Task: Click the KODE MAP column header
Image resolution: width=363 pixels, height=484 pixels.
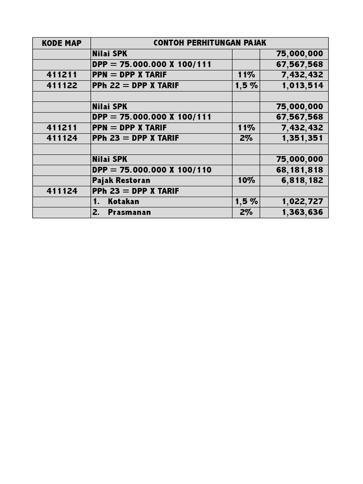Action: [x=61, y=43]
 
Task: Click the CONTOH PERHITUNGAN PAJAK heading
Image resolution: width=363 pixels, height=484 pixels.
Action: [x=209, y=43]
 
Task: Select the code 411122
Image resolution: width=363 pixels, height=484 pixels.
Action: [x=61, y=86]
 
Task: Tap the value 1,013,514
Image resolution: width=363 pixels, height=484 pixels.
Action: [x=302, y=86]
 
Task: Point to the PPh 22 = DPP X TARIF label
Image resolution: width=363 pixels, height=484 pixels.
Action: [x=136, y=86]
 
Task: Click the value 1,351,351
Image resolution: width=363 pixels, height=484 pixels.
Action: [x=302, y=138]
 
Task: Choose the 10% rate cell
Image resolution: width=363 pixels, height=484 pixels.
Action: [x=246, y=180]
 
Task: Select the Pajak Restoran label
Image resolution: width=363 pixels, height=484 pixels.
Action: [x=121, y=180]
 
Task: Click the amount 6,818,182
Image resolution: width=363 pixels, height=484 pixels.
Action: [x=302, y=180]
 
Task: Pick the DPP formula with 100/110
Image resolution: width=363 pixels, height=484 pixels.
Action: [x=152, y=170]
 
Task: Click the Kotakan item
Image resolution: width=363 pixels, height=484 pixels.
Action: [x=123, y=201]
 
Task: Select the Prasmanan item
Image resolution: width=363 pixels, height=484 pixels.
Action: [x=129, y=212]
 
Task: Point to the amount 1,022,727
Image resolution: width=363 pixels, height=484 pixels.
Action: [x=302, y=201]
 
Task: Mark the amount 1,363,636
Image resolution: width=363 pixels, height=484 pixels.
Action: [x=302, y=212]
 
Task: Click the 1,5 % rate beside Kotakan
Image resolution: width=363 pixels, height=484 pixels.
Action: [x=246, y=201]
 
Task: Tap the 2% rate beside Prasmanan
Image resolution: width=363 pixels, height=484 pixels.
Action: [x=246, y=212]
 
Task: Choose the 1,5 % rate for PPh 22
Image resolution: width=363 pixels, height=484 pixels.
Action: [x=246, y=86]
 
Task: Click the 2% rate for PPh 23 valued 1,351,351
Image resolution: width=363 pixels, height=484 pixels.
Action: [x=246, y=138]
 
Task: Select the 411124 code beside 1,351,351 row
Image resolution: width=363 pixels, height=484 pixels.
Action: [x=61, y=138]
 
